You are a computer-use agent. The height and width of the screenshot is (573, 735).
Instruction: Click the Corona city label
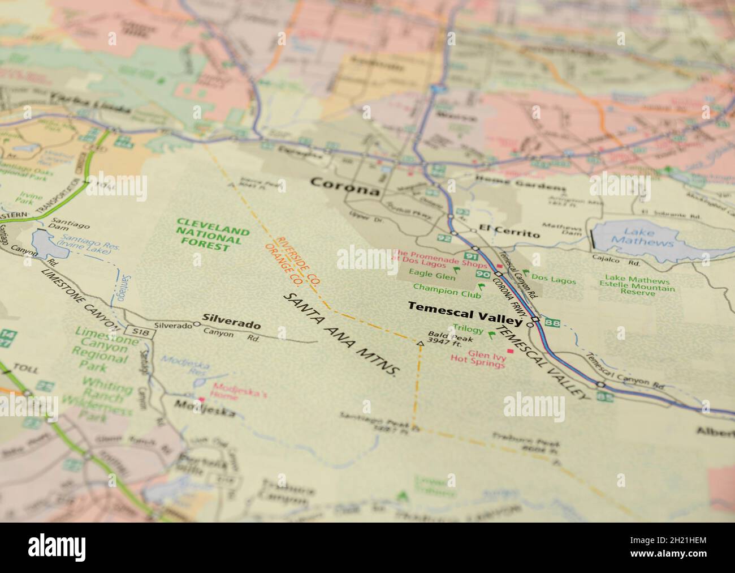345,187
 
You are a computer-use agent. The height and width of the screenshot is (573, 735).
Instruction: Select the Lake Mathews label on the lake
642,237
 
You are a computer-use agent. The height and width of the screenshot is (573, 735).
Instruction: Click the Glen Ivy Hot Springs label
477,360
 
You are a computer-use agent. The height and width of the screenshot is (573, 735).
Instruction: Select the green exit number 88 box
553,324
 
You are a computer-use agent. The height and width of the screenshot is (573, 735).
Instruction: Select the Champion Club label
455,293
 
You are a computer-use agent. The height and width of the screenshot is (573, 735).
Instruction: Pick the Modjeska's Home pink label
232,391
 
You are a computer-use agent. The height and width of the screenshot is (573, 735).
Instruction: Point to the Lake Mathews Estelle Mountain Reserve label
637,286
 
